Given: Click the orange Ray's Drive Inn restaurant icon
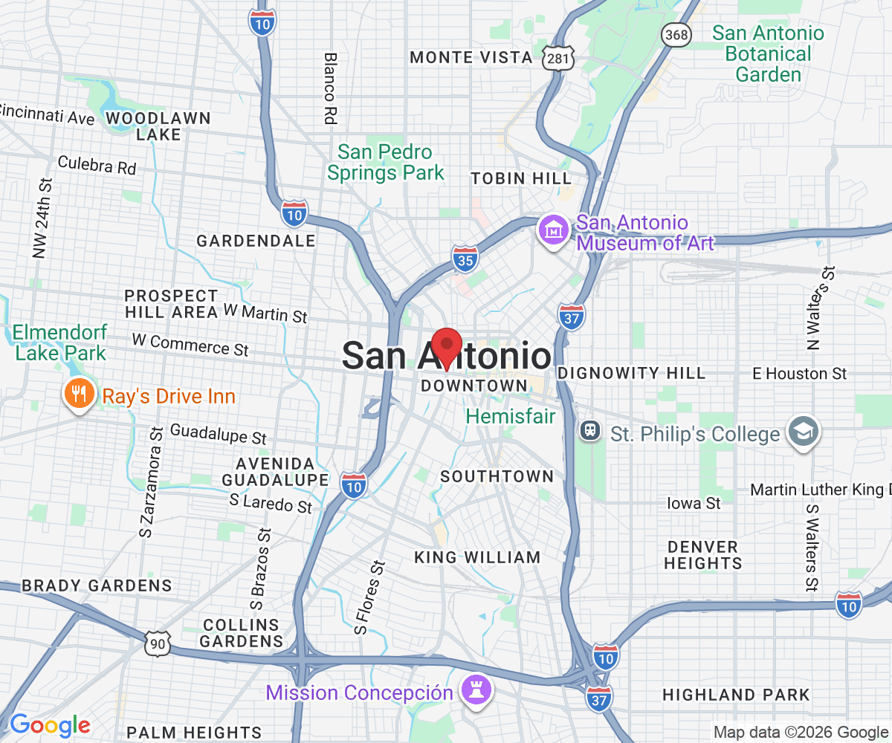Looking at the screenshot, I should (78, 394).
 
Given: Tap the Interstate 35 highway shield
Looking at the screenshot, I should (465, 257).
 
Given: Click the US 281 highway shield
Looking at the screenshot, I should (555, 57).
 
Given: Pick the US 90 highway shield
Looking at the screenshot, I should (158, 643).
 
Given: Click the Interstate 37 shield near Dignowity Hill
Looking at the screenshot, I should (572, 316).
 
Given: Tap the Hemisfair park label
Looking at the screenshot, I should (511, 416).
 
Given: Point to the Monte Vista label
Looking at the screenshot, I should (471, 57).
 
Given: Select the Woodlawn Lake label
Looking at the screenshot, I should (158, 126).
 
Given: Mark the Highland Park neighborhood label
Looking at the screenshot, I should (736, 695).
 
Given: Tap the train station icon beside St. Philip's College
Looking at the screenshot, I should (590, 430).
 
